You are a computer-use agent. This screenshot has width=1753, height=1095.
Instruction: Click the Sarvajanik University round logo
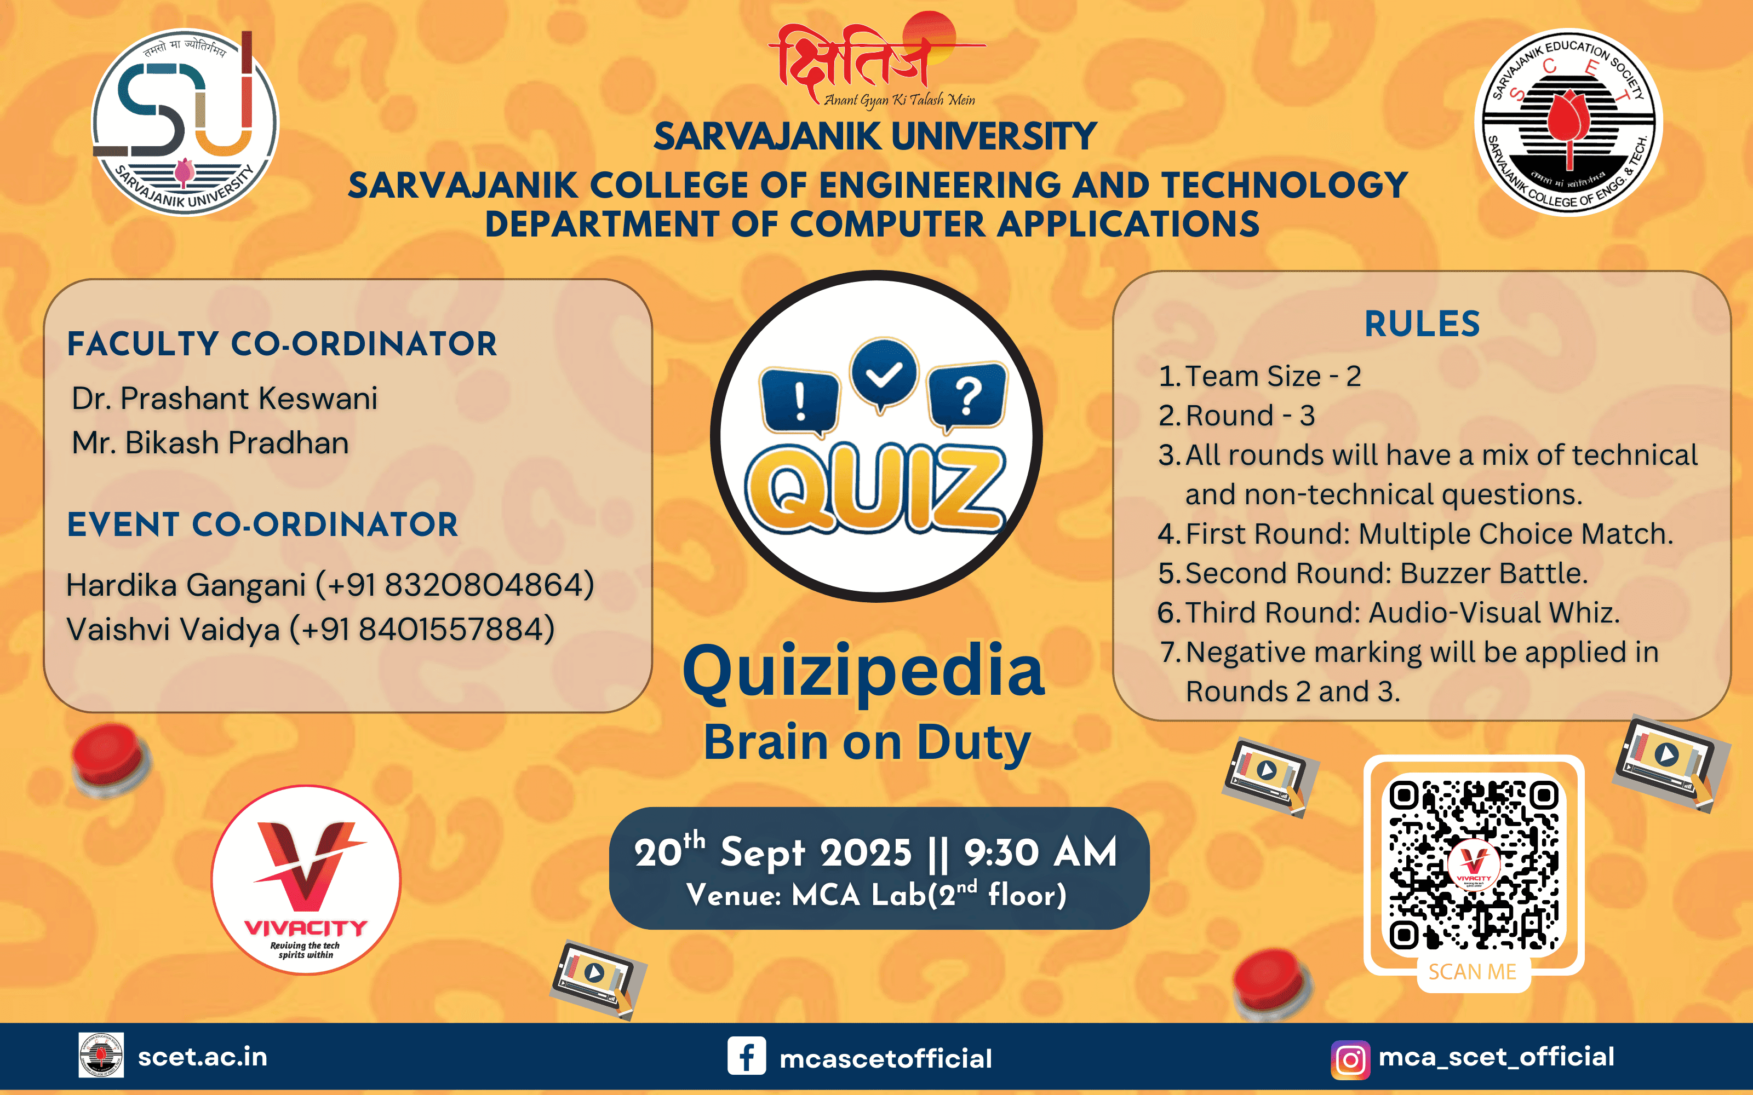point(185,122)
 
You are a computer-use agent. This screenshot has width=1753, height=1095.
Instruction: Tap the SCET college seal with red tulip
point(1568,122)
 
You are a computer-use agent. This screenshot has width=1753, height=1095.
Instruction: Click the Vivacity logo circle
point(306,879)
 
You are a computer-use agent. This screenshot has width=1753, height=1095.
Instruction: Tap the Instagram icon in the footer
point(1349,1059)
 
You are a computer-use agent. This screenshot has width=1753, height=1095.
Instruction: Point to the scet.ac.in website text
point(202,1057)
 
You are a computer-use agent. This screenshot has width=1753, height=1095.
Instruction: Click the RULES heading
point(1422,324)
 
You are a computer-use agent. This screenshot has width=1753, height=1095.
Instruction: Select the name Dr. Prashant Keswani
point(225,399)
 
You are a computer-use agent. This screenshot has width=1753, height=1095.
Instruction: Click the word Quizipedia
point(863,670)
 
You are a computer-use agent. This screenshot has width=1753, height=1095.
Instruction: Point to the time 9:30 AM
point(1040,852)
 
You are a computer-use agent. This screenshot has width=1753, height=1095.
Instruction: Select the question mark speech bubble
point(967,396)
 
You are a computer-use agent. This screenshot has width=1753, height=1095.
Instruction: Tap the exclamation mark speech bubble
point(800,400)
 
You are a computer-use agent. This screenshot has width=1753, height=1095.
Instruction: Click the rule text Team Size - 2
point(1273,376)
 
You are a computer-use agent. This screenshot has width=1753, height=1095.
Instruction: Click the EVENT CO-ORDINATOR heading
point(262,525)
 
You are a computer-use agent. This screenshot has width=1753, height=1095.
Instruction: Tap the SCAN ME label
point(1473,972)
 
